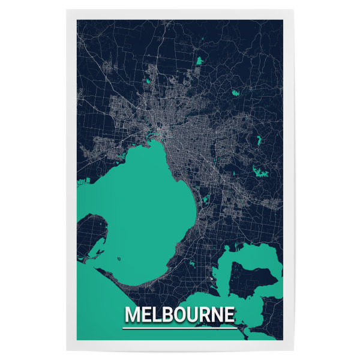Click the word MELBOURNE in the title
coord(179,315)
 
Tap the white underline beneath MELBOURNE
coord(179,328)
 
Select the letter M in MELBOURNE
coord(131,315)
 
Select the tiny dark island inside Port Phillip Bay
coord(119,259)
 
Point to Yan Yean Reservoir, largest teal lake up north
coord(199,61)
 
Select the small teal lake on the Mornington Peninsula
coord(192,265)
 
